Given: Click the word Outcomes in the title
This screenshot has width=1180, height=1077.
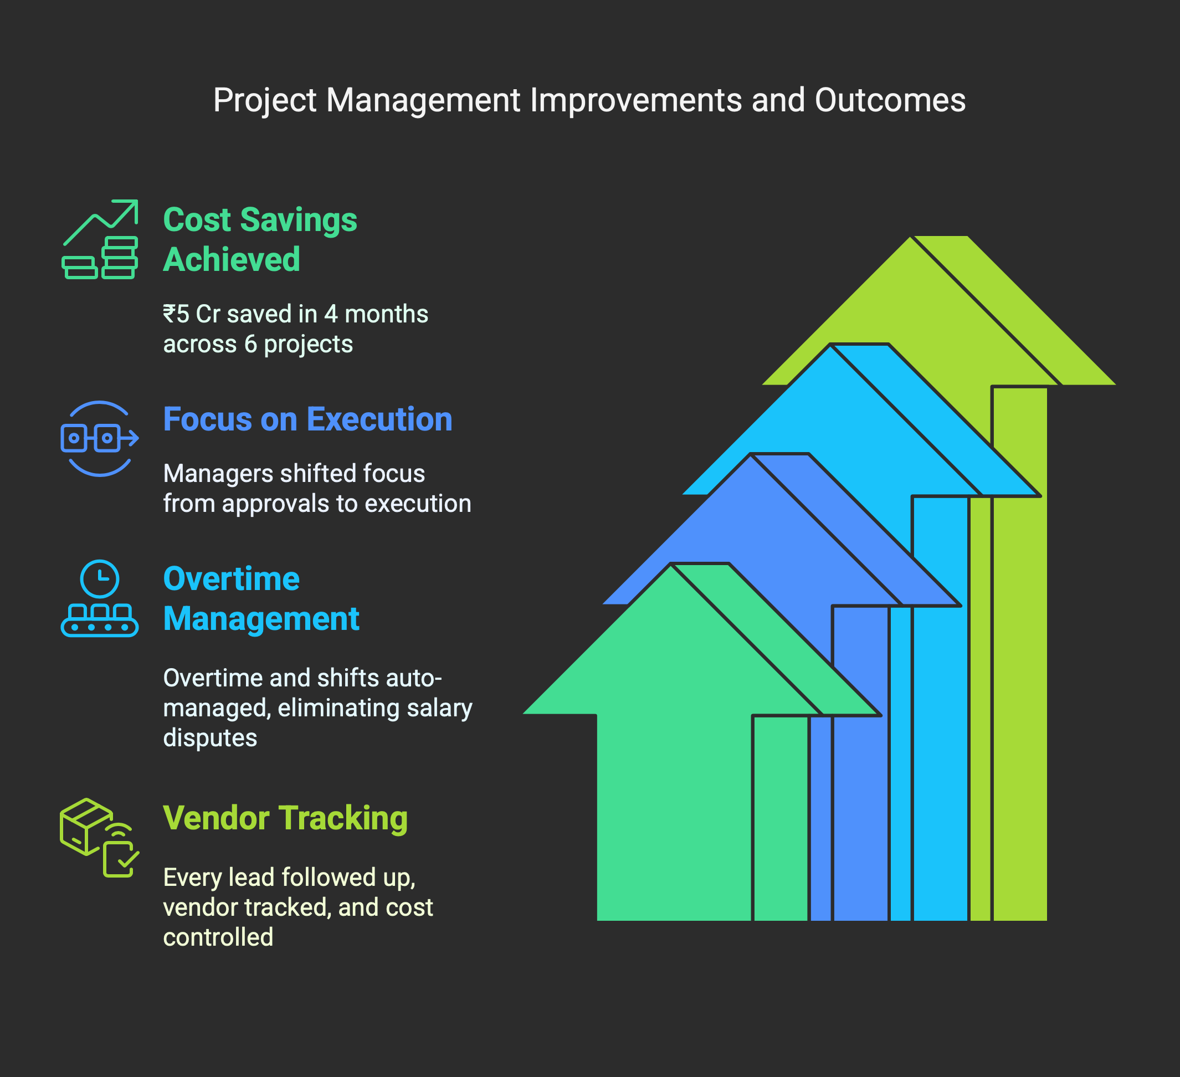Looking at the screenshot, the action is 890,100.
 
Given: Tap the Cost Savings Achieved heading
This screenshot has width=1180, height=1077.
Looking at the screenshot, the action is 260,239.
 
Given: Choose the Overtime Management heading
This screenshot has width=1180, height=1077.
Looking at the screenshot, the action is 261,599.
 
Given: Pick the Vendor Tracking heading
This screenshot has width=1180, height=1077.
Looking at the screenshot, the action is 285,818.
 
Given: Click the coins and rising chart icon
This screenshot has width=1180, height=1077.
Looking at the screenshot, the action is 100,239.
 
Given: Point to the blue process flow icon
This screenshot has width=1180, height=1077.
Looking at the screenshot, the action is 100,438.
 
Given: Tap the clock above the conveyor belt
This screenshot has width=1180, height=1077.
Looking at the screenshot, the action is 100,579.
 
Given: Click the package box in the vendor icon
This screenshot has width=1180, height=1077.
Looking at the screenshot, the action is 86,827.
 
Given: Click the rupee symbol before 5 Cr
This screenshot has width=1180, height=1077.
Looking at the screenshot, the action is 169,314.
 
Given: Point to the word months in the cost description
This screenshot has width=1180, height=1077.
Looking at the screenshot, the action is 386,314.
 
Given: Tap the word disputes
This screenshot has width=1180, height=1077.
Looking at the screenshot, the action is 210,738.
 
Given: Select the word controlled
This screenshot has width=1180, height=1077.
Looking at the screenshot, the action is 218,937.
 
